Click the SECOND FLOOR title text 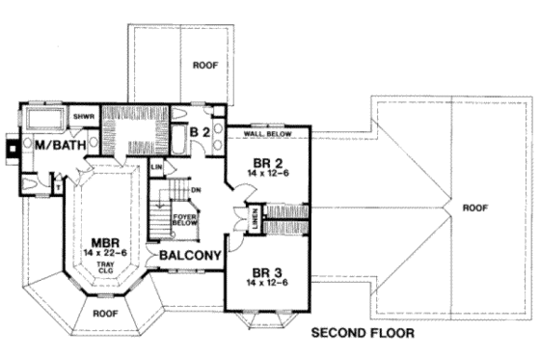tap(363, 335)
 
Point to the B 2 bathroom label tap(200, 132)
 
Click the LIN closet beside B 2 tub tap(156, 168)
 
